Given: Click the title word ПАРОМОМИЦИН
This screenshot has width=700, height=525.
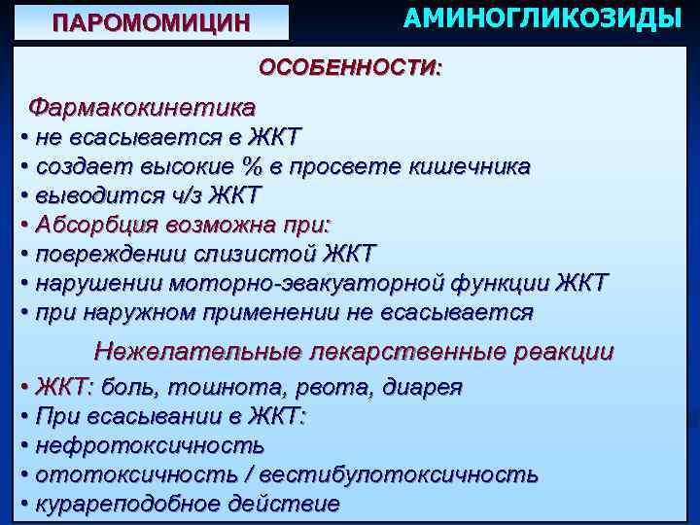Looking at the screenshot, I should (x=151, y=22).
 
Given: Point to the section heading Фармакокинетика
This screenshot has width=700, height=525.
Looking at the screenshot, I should (x=143, y=105).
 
